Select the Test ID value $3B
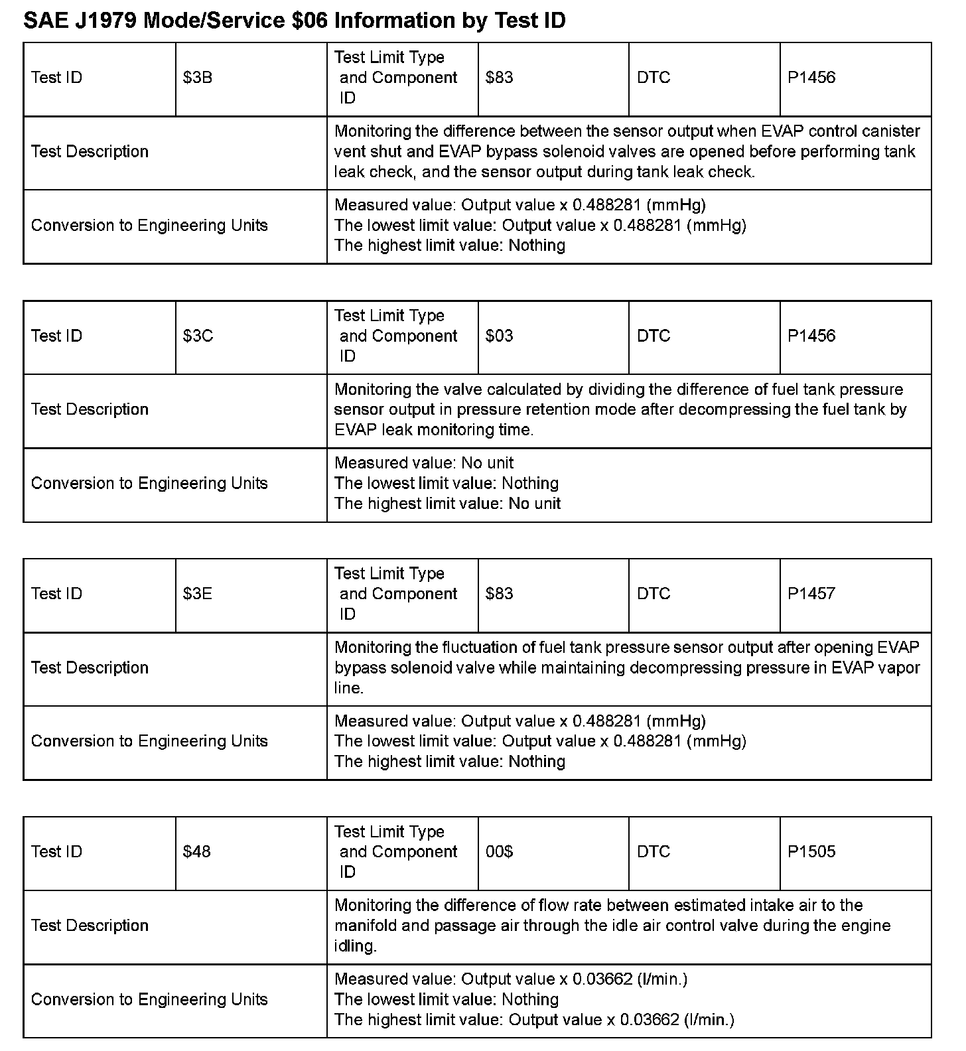click(198, 78)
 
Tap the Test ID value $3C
click(198, 336)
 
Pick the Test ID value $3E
click(198, 594)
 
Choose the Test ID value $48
click(197, 851)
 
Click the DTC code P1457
click(811, 594)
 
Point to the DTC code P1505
click(811, 851)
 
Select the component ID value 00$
click(499, 851)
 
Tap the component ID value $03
click(499, 336)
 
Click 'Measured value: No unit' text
click(424, 463)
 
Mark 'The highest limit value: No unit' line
click(447, 504)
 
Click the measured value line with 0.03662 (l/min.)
click(511, 979)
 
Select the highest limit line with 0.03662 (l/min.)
click(534, 1020)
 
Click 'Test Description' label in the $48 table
click(90, 926)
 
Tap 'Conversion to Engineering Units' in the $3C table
click(149, 484)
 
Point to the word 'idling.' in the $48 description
click(356, 946)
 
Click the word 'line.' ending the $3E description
click(349, 688)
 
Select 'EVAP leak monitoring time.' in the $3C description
click(434, 430)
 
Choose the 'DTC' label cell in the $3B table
click(654, 78)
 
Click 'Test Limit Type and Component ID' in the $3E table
click(396, 594)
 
